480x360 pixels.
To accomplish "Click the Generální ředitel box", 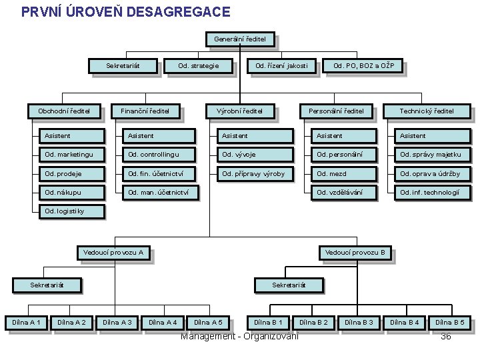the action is (x=239, y=39).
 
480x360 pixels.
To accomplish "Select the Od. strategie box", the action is (x=198, y=66).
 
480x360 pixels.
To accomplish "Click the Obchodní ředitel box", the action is (x=59, y=111).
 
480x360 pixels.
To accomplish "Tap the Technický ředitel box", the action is (x=426, y=111).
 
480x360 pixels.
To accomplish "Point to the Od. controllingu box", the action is (x=159, y=155).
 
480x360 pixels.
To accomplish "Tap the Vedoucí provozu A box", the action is (x=113, y=253).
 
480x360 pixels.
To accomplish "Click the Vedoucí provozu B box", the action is (x=354, y=253).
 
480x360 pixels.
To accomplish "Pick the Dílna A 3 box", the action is (x=117, y=323).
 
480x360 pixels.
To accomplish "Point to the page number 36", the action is (x=446, y=336).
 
